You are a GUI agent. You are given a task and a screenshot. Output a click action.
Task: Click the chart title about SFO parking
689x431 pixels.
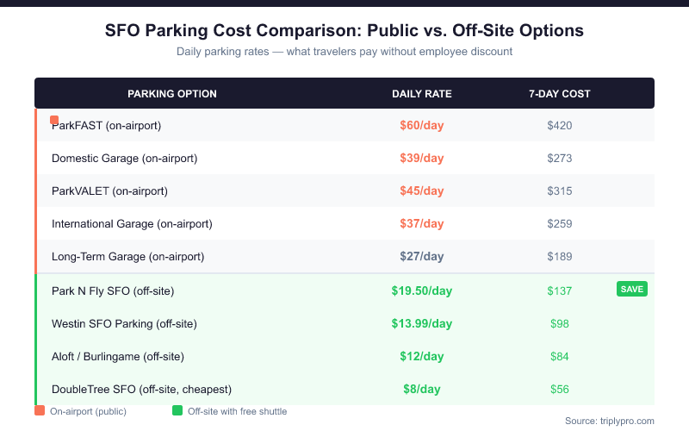[344, 30]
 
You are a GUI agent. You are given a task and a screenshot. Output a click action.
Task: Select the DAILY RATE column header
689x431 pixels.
[422, 93]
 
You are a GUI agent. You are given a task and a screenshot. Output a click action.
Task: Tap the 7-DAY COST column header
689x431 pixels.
[560, 93]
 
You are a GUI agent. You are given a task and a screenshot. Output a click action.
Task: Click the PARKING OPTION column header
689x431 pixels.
[172, 93]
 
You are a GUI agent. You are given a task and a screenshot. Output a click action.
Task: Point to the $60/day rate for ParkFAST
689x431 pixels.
[422, 125]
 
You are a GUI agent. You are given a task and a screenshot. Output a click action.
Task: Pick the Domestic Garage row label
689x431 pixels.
[125, 158]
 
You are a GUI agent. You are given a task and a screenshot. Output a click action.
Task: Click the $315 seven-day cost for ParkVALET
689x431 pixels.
[560, 191]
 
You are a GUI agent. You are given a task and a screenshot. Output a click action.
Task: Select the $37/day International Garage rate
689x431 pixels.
[422, 223]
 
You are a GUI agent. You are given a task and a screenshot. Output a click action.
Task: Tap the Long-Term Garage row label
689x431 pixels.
[127, 256]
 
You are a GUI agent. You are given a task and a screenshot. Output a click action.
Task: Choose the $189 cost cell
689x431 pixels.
[560, 256]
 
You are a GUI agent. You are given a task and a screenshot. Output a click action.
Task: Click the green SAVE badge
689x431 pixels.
[632, 289]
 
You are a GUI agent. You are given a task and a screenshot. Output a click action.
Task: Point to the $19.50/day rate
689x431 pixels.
[422, 290]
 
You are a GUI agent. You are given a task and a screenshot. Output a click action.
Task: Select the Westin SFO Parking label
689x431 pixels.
[125, 323]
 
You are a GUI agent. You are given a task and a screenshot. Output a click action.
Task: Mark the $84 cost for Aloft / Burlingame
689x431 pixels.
[560, 356]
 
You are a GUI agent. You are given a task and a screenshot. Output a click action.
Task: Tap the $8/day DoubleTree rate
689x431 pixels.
[422, 389]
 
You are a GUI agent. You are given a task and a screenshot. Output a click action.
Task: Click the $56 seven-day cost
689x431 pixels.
[560, 389]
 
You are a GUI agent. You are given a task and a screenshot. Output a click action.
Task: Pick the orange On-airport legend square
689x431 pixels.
[40, 411]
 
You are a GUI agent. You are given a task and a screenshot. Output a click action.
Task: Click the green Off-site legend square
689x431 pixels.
[177, 411]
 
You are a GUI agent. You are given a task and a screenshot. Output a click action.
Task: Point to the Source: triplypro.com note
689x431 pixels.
[610, 421]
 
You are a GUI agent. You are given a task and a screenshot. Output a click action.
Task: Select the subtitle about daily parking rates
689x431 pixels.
[344, 52]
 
